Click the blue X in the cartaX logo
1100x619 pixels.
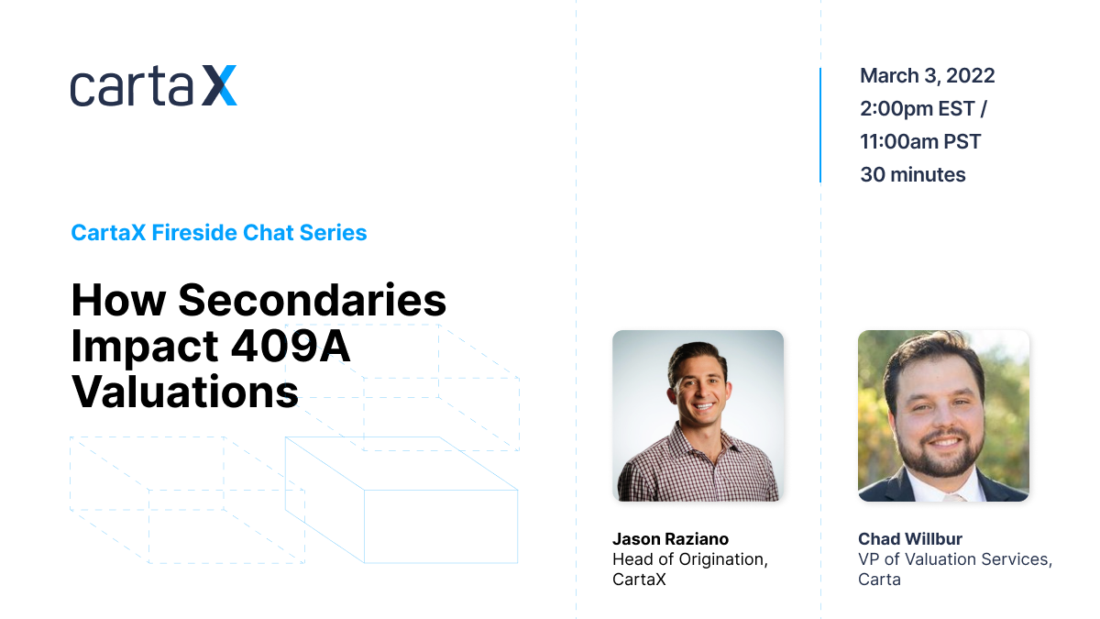219,85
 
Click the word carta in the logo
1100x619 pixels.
132,86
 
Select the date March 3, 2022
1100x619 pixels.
927,76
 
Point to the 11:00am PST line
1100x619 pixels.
920,141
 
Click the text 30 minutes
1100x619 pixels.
913,174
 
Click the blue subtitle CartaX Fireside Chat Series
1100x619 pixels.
219,232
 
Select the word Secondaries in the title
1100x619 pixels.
313,300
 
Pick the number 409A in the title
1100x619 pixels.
291,346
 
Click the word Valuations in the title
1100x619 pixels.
185,392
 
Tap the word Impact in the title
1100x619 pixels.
145,348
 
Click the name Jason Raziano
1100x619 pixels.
670,539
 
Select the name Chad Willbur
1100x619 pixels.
910,539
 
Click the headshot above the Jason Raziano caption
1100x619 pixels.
698,415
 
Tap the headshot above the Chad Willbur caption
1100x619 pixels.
943,415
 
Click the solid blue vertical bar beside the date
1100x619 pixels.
820,126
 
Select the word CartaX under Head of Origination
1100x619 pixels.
639,580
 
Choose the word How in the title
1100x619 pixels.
118,300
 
